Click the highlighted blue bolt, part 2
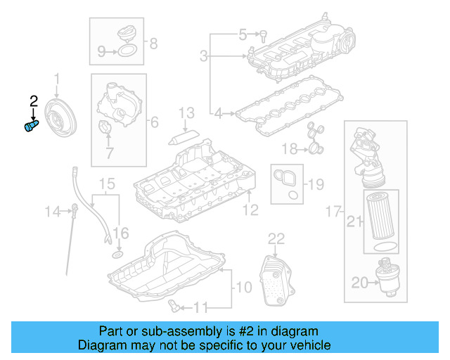(x=31, y=127)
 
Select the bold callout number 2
(x=33, y=103)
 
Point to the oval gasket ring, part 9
(x=126, y=50)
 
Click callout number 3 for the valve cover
(x=204, y=56)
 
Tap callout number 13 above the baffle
(x=186, y=112)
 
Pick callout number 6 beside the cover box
(x=154, y=121)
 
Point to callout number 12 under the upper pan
(x=250, y=209)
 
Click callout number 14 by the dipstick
(x=53, y=211)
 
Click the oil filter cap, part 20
(x=389, y=278)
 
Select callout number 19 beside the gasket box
(x=316, y=185)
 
